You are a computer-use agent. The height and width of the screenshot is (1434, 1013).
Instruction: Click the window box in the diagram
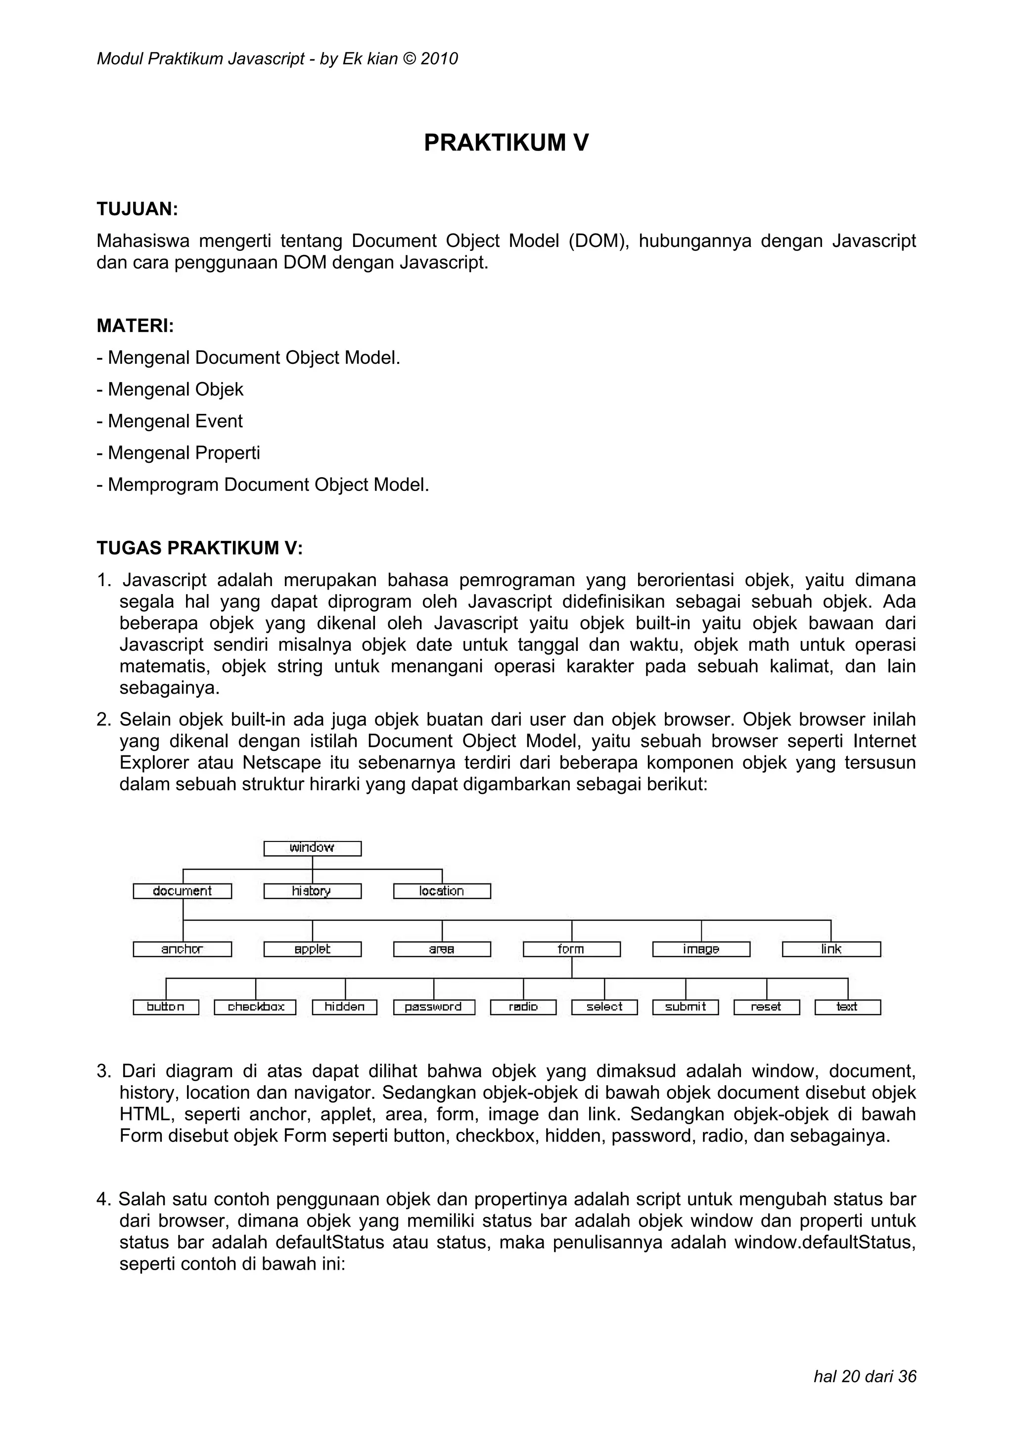(312, 848)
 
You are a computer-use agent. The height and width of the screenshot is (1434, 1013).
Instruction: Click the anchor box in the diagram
(182, 949)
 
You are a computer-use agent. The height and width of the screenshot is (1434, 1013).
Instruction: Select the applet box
(312, 949)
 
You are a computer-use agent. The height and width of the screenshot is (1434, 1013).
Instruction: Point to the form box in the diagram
(572, 949)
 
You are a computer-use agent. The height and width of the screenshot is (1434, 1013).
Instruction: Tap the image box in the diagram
(701, 949)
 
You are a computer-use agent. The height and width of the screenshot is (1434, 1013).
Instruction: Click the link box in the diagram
(831, 949)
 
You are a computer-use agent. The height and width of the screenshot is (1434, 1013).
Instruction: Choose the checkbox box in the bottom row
(255, 1007)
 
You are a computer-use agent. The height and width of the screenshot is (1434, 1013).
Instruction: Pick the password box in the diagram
(434, 1007)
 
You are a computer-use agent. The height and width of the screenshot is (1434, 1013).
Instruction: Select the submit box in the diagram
(686, 1007)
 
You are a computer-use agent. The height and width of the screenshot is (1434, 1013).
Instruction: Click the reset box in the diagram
(767, 1007)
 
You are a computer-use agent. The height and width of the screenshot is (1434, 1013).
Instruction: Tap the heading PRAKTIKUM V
(506, 143)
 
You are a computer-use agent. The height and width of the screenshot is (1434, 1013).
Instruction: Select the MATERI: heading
(135, 325)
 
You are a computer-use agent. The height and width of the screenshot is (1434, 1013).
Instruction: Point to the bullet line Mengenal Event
(170, 421)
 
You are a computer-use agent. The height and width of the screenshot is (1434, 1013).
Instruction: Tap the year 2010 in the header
(439, 59)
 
